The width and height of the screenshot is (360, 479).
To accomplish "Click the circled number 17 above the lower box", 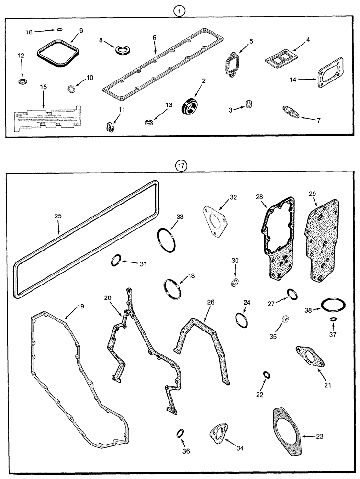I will [180, 166].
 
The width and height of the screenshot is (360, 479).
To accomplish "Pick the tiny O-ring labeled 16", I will [59, 30].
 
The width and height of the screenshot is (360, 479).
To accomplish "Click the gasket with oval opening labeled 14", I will [331, 76].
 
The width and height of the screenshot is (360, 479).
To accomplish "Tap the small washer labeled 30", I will [235, 282].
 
